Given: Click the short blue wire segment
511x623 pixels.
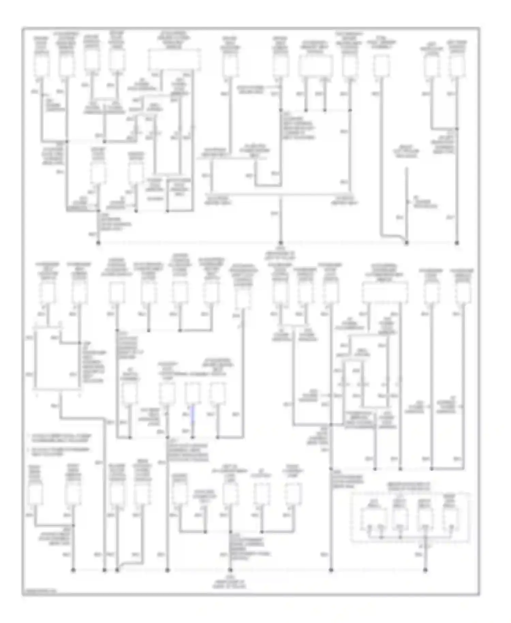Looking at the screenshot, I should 192,414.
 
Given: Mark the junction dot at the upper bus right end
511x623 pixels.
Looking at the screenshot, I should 457,243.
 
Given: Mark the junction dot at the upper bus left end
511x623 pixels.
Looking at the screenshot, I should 98,243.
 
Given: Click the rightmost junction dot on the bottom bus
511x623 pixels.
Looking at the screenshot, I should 425,570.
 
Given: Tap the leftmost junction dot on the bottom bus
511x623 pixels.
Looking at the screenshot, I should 73,570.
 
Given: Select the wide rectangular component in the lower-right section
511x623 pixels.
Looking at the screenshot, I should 385,292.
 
